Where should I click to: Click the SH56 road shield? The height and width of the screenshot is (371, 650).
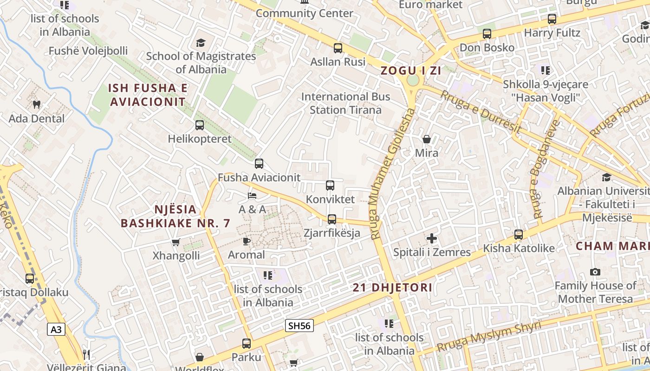(x=299, y=326)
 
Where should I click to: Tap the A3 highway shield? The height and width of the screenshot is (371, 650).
(x=56, y=330)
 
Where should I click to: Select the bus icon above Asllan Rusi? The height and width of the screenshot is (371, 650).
(x=338, y=48)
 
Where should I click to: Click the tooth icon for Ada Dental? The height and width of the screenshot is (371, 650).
(x=37, y=105)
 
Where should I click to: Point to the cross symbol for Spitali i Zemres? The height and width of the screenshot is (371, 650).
(x=432, y=239)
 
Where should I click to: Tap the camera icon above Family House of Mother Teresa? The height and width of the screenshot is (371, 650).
(x=595, y=272)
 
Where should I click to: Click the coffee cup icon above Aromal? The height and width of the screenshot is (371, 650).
(x=246, y=241)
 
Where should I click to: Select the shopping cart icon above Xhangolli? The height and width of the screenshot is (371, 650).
(x=175, y=242)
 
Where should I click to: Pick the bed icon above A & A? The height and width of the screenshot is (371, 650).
(x=252, y=196)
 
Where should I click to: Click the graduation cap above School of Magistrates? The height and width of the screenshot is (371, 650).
(x=201, y=43)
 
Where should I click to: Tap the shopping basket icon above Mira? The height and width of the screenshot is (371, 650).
(x=426, y=139)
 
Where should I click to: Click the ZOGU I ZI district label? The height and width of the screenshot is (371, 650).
(x=411, y=71)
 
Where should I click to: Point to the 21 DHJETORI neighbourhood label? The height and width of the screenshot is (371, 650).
(x=392, y=288)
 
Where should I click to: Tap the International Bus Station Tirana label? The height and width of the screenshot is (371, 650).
(x=345, y=103)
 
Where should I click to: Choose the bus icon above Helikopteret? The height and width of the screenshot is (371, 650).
(x=200, y=125)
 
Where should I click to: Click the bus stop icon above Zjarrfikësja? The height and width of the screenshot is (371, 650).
(x=331, y=219)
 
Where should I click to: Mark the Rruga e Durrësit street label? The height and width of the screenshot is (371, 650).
(x=481, y=112)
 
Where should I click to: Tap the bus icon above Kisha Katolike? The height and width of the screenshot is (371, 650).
(x=519, y=235)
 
